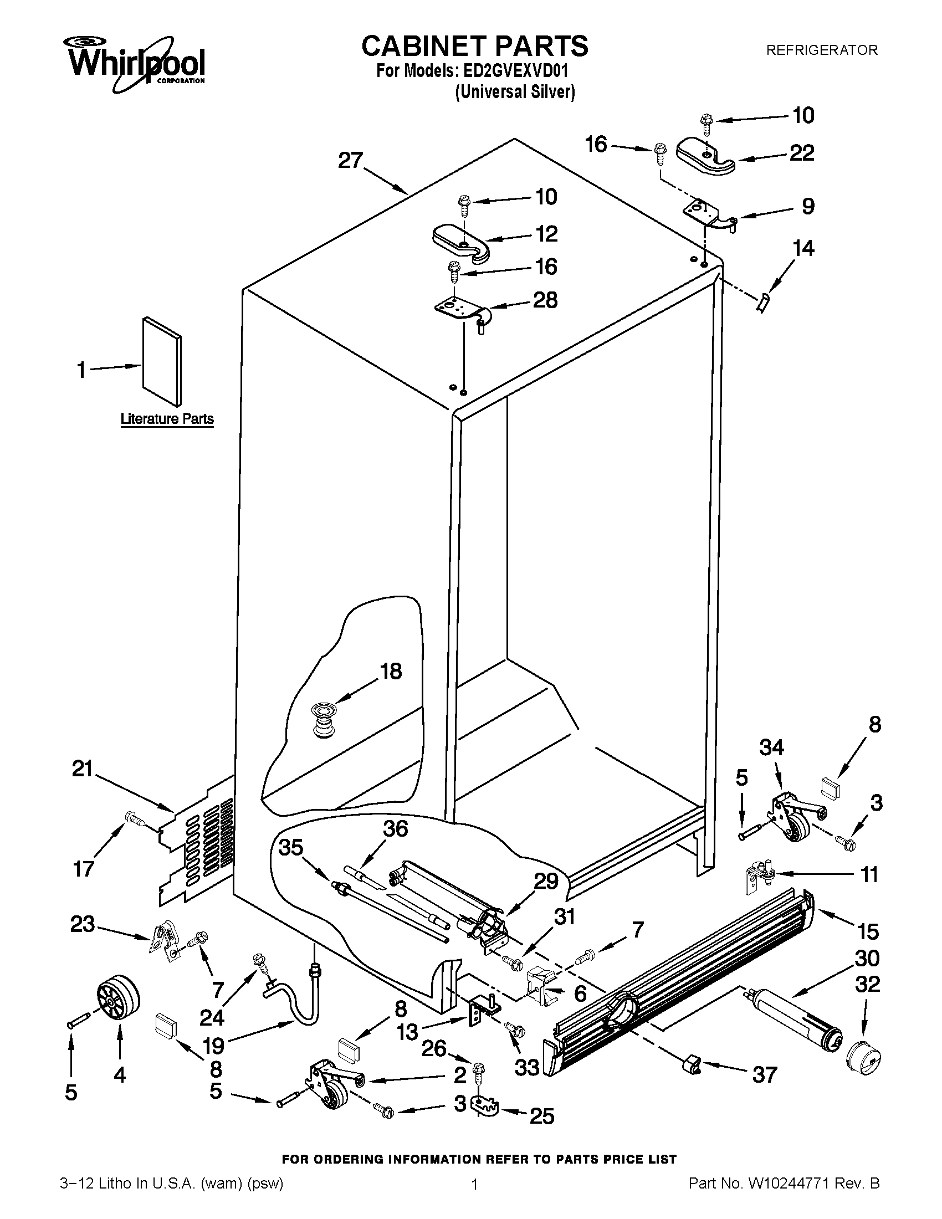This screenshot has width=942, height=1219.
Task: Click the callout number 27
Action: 351,161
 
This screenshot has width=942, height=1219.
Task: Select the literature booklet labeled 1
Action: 162,361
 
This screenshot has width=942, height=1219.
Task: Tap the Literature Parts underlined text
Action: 167,418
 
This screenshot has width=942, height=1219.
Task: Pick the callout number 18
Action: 391,671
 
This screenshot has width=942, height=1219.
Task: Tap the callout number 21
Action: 82,770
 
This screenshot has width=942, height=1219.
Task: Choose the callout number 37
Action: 765,1074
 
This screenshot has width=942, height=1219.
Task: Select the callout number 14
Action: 803,248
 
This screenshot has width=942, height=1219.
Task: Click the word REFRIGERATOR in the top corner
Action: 821,50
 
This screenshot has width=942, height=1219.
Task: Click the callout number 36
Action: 395,829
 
